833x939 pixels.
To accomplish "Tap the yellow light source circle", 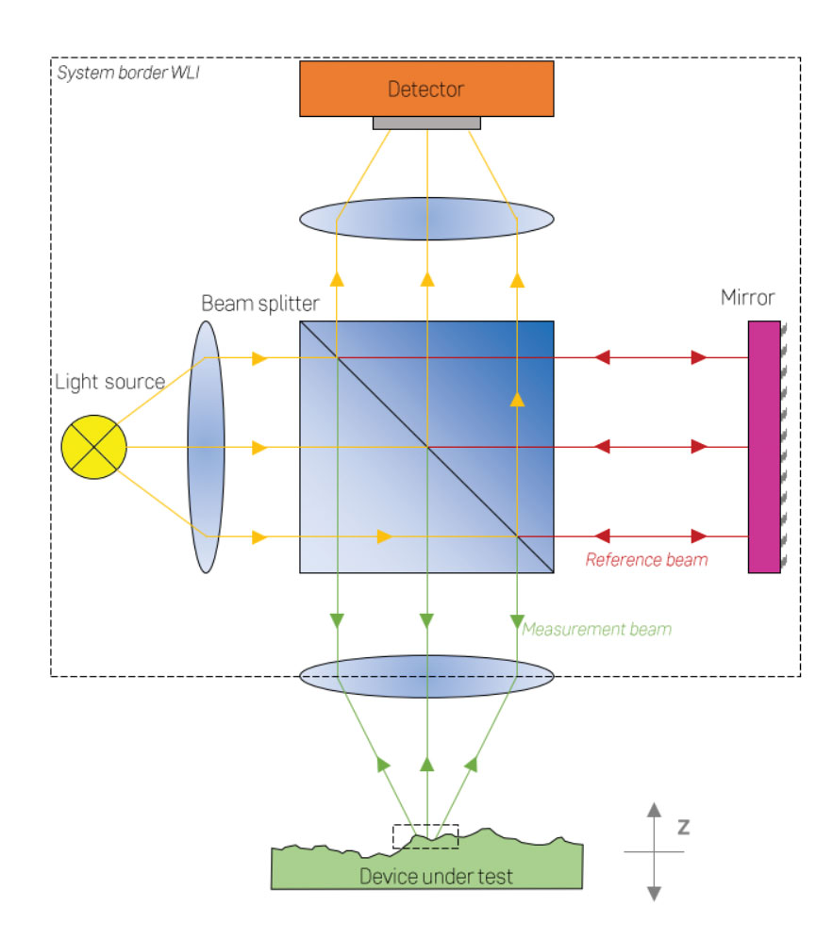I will [93, 447].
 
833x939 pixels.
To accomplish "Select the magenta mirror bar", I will [764, 447].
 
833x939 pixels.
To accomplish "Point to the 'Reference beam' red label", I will [646, 559].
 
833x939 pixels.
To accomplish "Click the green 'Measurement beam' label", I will [596, 629].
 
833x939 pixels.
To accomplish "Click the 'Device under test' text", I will [436, 877].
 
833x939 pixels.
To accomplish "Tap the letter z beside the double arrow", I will [683, 827].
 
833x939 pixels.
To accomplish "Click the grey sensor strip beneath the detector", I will [426, 123].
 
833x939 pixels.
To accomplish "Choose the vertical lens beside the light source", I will [206, 447].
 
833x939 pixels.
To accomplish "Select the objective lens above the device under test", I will [426, 675].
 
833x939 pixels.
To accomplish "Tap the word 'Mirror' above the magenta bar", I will [747, 299].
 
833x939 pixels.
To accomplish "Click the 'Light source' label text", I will [110, 382].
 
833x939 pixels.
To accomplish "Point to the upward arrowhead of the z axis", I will [654, 810].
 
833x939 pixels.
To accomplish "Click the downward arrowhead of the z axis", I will [654, 892].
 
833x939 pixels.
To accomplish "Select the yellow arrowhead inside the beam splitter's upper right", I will [517, 399].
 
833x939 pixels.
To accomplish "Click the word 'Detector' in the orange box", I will [426, 90].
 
